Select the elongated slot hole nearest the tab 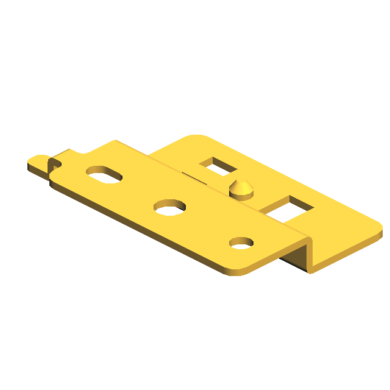[x=104, y=174]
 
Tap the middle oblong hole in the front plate [x=170, y=207]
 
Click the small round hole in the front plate [x=241, y=243]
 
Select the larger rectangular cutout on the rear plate [x=288, y=208]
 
